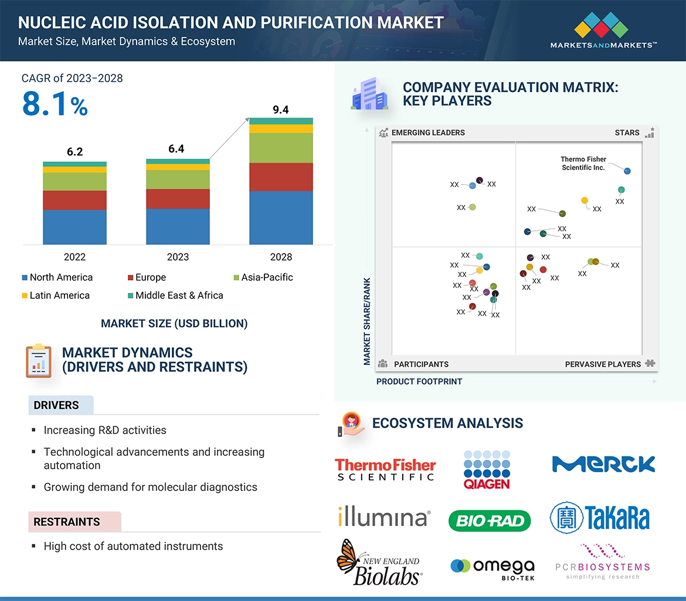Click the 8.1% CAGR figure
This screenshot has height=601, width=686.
(x=55, y=104)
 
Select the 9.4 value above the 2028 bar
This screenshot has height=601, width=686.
(x=281, y=110)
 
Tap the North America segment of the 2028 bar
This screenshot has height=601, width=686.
(x=281, y=217)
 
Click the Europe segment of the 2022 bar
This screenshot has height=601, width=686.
(x=74, y=200)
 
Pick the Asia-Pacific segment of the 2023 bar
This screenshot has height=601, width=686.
(x=178, y=179)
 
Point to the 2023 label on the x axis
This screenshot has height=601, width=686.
(x=178, y=257)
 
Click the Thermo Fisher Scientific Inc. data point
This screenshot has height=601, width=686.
(x=627, y=171)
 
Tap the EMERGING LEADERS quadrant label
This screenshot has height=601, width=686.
(x=427, y=132)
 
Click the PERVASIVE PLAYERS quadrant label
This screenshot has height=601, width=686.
(x=603, y=364)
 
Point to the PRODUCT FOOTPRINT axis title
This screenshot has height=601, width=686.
(x=419, y=381)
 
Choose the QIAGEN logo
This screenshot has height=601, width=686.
(x=487, y=469)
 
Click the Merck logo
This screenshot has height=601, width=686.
(x=603, y=465)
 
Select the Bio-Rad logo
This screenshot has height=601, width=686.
(x=489, y=520)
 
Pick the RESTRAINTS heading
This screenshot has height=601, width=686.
(x=67, y=521)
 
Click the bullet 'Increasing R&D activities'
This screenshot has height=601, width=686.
(x=105, y=430)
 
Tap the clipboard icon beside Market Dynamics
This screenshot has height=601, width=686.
(x=39, y=361)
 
